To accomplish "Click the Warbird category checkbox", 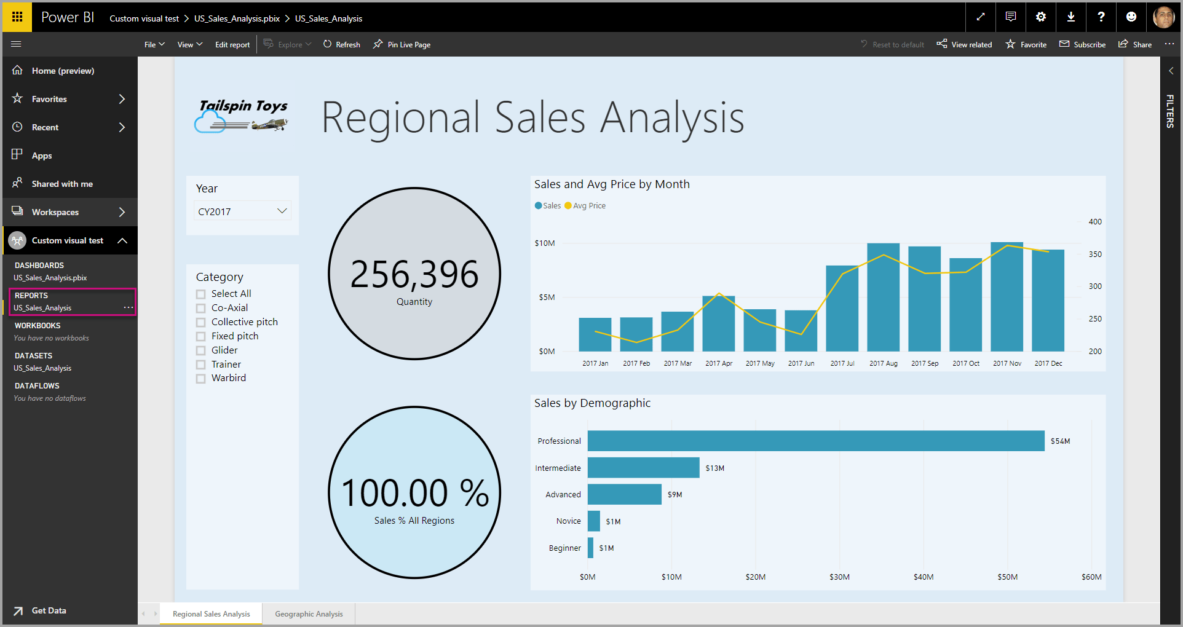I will click(201, 379).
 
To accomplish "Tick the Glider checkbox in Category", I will click(201, 350).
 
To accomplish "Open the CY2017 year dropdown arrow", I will click(282, 211).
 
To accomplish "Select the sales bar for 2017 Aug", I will click(883, 298).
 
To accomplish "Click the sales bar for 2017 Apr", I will click(718, 324).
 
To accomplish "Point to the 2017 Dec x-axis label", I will click(1048, 363).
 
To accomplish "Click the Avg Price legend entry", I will click(585, 206).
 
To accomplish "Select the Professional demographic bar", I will click(815, 441).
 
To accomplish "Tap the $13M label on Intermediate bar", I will click(714, 468).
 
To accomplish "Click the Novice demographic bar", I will click(593, 521).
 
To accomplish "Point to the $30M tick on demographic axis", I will click(839, 577).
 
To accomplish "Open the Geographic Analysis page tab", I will click(309, 614).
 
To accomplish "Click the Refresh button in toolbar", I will click(342, 45).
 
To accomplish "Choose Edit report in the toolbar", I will click(232, 45).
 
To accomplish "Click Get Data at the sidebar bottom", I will click(49, 610).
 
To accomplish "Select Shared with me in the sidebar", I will click(62, 184).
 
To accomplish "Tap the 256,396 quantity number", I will click(414, 275).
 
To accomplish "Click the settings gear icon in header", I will click(1040, 17).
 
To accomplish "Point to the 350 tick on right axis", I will click(1094, 254).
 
